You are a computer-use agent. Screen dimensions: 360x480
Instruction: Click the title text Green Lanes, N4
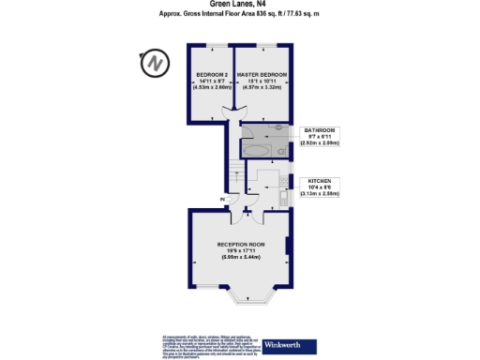coord(240,5)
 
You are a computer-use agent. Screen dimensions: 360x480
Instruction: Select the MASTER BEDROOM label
coord(261,74)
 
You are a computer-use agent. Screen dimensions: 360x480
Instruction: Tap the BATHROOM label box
coord(323,137)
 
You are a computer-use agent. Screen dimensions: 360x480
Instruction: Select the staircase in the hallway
coord(234,174)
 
